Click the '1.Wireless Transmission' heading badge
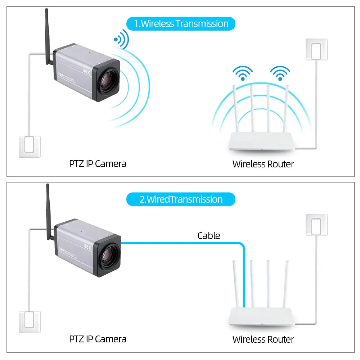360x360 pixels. (x=181, y=24)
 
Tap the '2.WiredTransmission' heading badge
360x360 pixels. (x=181, y=199)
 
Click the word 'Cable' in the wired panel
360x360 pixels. (x=208, y=236)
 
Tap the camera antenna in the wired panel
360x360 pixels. (x=47, y=212)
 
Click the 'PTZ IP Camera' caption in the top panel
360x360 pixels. (x=98, y=164)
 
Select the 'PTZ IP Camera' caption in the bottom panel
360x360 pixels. (x=98, y=339)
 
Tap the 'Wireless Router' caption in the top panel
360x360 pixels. (x=263, y=164)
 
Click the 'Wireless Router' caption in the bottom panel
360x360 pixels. (x=263, y=339)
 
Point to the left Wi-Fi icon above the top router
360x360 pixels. (x=242, y=73)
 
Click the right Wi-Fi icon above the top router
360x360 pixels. (x=280, y=73)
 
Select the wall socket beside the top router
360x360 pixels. (x=316, y=49)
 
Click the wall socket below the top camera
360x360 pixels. (x=30, y=146)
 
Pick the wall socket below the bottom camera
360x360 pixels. (x=30, y=322)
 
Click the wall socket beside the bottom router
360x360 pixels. (x=316, y=225)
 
